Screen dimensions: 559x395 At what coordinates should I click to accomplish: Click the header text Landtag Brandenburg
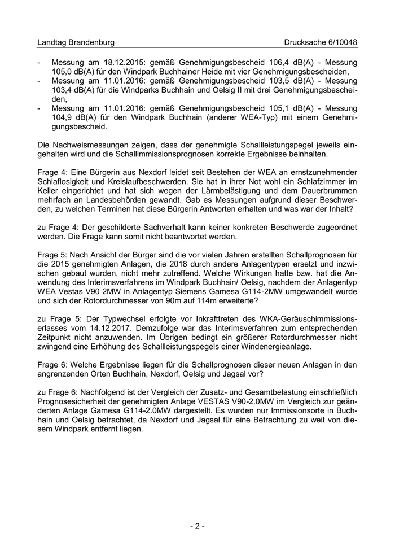click(76, 42)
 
